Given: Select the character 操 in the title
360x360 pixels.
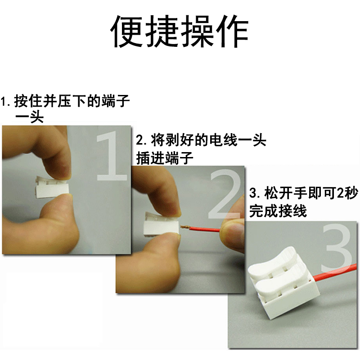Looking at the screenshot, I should click(x=197, y=32).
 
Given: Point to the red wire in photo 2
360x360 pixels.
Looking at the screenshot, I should click(x=205, y=229).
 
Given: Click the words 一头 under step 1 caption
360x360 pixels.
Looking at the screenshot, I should click(x=29, y=118).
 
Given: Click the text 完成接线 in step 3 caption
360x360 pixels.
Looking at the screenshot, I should click(x=279, y=211).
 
